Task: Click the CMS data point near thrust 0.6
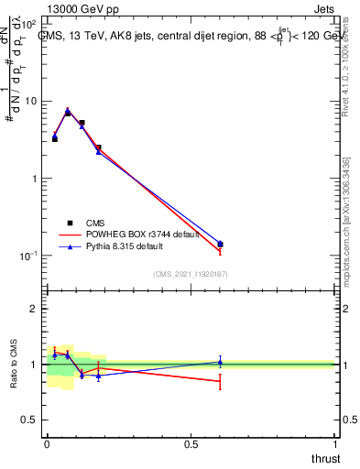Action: click(220, 245)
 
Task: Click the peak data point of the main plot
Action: click(68, 112)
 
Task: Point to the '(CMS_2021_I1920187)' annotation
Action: click(191, 273)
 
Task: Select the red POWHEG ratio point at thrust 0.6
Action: click(220, 381)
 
